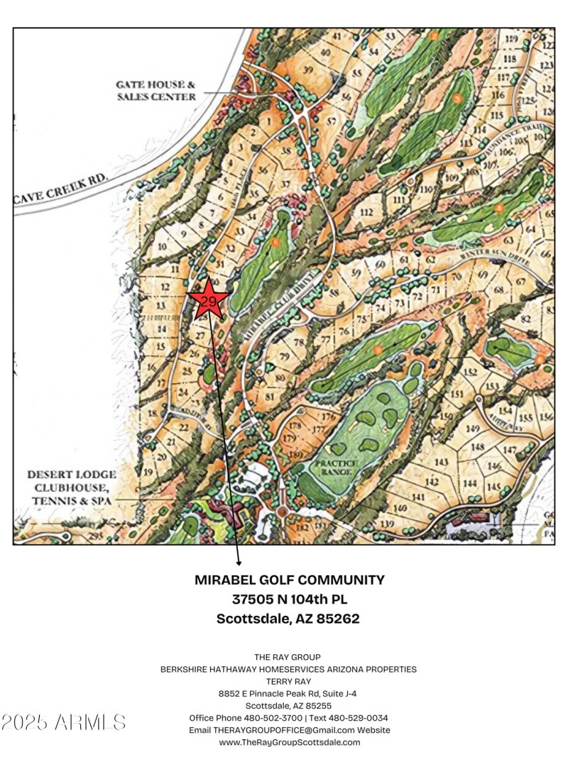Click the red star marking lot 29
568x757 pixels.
tap(208, 299)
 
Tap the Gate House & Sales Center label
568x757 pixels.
tap(156, 90)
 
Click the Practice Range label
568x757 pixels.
tap(338, 468)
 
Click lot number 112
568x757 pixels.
tap(366, 213)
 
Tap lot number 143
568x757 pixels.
tap(442, 462)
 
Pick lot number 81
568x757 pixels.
tap(269, 395)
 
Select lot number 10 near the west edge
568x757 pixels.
tap(162, 247)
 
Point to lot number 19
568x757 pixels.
tap(148, 472)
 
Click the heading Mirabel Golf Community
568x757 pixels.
tap(289, 580)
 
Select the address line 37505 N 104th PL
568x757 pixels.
tap(289, 599)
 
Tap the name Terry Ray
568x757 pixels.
tap(288, 681)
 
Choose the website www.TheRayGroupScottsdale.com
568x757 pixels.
tap(289, 742)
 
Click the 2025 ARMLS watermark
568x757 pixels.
tap(64, 723)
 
